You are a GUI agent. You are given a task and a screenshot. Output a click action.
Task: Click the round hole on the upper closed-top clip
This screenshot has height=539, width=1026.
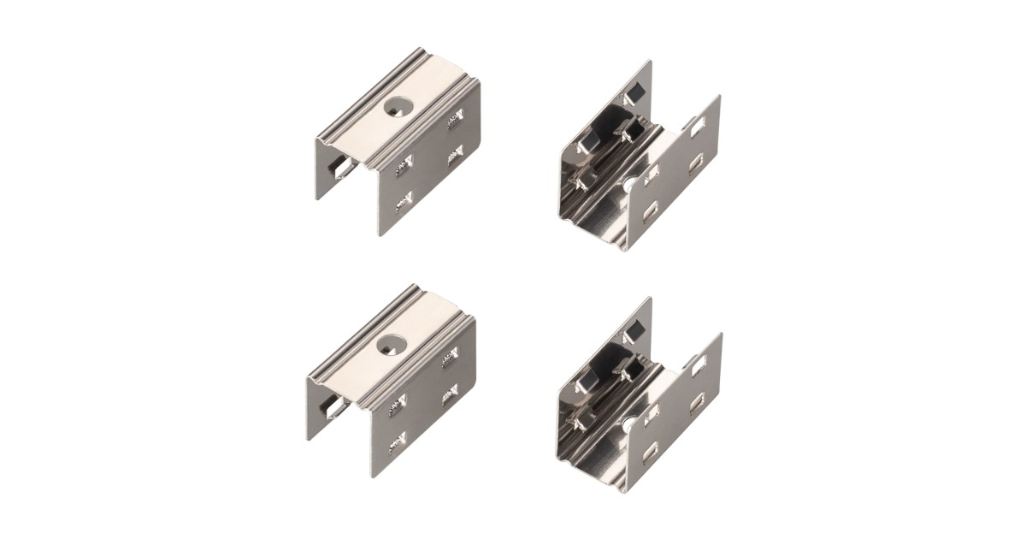click(397, 107)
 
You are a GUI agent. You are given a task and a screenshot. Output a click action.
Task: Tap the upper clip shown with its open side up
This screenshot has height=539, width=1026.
click(637, 158)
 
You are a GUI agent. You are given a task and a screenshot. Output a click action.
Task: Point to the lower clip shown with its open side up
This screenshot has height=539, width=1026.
click(638, 396)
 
